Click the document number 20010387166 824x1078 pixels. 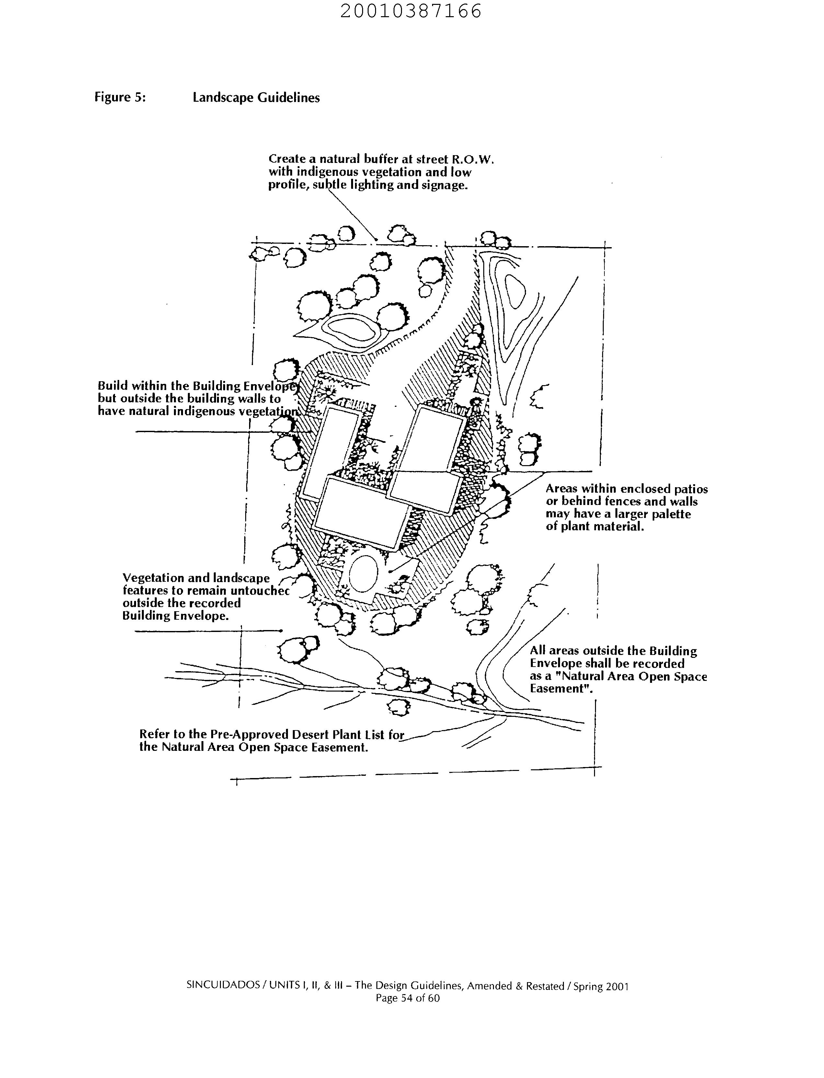coord(411,11)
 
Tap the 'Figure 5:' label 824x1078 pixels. coord(120,97)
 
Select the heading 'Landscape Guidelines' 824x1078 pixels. coord(256,97)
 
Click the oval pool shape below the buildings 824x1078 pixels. coord(363,574)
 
